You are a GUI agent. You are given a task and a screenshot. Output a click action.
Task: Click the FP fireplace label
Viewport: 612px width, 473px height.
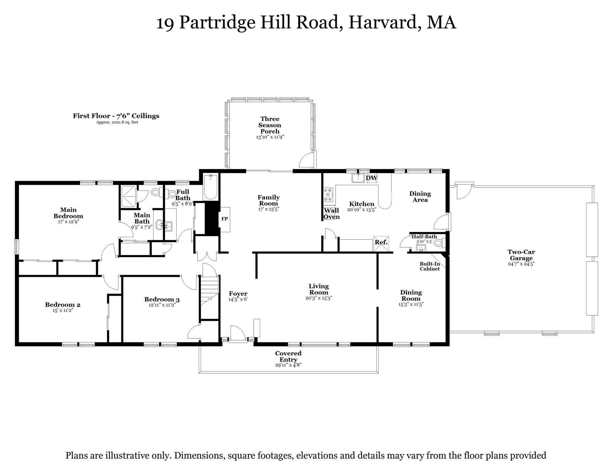pyautogui.click(x=224, y=219)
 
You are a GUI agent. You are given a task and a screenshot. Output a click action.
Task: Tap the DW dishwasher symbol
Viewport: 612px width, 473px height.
pyautogui.click(x=372, y=178)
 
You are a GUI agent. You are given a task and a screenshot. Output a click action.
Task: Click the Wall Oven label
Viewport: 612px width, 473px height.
pyautogui.click(x=331, y=214)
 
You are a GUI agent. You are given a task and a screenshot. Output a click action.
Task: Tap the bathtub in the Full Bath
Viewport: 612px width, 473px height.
pyautogui.click(x=211, y=187)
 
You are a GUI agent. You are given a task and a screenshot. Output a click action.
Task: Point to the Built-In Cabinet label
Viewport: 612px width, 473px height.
pyautogui.click(x=430, y=266)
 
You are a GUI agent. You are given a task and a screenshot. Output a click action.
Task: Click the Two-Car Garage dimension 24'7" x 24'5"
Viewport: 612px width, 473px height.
pyautogui.click(x=521, y=264)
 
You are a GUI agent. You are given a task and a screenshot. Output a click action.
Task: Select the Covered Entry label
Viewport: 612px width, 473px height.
pyautogui.click(x=288, y=356)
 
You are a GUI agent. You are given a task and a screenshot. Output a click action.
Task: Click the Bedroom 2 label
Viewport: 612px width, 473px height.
pyautogui.click(x=63, y=305)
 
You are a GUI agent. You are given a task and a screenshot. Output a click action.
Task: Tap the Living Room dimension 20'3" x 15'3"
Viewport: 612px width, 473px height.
pyautogui.click(x=319, y=298)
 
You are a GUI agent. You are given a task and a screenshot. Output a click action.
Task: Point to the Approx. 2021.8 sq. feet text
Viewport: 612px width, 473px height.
pyautogui.click(x=117, y=122)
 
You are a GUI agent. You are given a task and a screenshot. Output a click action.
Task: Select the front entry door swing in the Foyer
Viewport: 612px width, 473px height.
pyautogui.click(x=238, y=333)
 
